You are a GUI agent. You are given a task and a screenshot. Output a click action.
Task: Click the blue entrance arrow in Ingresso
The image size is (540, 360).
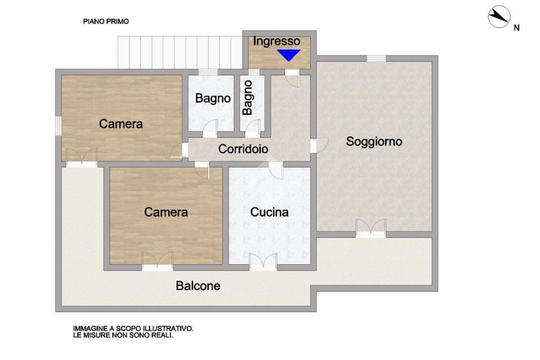tap(288, 55)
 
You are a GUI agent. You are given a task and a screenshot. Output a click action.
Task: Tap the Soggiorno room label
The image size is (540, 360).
tap(374, 141)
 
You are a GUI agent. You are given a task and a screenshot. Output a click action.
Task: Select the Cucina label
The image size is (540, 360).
tap(269, 212)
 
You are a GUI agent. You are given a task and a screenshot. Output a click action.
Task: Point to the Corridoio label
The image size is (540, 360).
tap(243, 149)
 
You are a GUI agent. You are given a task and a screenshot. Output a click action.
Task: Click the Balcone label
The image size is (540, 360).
tap(198, 286)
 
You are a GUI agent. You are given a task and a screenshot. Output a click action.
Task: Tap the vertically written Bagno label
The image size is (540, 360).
tap(248, 98)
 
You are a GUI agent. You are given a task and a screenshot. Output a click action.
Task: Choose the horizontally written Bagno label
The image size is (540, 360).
tap(213, 98)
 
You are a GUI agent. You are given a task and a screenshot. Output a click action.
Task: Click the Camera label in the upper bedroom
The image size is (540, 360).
tap(121, 124)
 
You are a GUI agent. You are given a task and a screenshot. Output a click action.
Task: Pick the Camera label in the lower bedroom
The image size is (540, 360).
tap(166, 212)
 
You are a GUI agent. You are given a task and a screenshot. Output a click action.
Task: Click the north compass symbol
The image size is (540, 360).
tap(499, 16)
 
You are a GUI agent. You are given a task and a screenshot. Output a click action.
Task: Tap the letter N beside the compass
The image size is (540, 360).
tap(517, 28)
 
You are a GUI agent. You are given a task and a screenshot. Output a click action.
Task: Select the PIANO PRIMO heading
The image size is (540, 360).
tap(106, 21)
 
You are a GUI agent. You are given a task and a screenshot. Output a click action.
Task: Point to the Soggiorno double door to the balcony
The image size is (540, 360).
tap(371, 228)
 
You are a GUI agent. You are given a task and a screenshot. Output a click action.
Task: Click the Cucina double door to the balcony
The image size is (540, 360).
tap(263, 262)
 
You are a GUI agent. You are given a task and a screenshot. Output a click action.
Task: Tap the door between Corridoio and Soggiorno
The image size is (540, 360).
tap(319, 145)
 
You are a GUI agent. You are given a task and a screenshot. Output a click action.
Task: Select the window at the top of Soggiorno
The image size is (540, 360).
tap(377, 59)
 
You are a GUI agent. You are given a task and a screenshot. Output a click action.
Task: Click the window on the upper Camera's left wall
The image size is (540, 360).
tap(59, 125)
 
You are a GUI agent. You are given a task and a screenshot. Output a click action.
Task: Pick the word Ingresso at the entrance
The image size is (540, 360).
tap(276, 41)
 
